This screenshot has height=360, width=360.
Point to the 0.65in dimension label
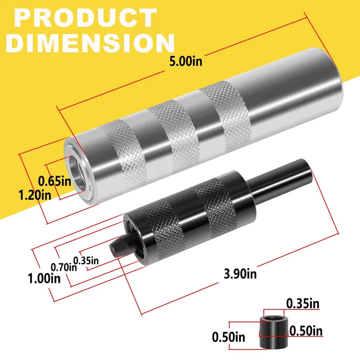55,182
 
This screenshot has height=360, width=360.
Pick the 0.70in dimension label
63,266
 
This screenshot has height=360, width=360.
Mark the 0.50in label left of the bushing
229,336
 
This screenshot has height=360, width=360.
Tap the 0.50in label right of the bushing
306,332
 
